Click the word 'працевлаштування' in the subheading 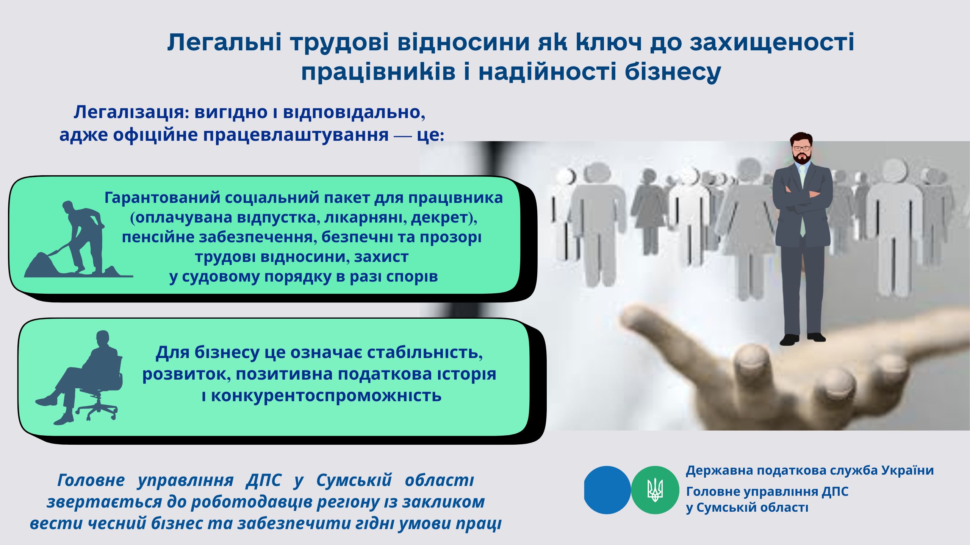coord(296,135)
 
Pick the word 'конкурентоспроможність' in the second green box coord(326,396)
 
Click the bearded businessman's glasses coord(802,148)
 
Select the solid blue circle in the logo coord(607,490)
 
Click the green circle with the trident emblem coord(655,490)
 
